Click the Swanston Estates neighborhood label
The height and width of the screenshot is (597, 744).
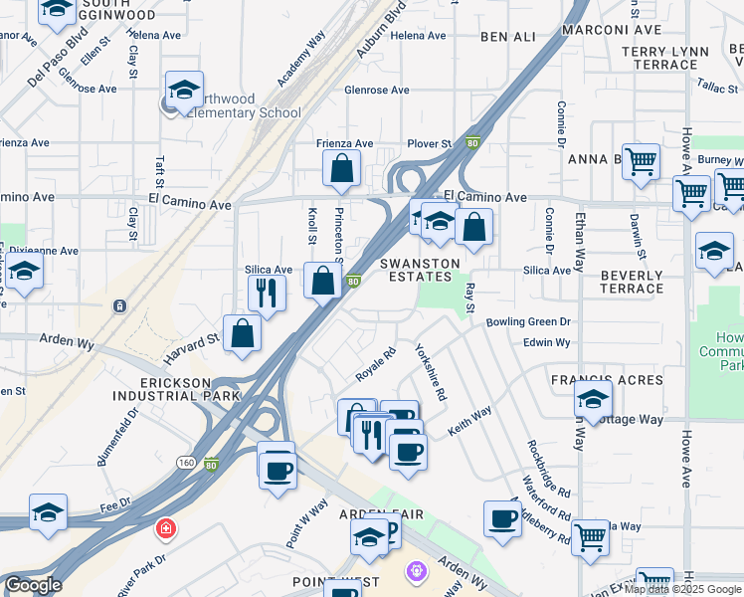[421, 270]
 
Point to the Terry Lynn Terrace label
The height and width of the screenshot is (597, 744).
[665, 58]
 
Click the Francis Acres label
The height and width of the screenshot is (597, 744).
[607, 381]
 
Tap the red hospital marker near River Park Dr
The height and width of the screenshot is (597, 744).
[164, 528]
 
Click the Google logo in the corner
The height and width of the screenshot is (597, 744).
[32, 585]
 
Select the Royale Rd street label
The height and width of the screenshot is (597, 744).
[376, 363]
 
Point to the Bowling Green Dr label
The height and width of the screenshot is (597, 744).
[528, 321]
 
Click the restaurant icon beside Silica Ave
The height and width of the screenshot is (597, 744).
[266, 291]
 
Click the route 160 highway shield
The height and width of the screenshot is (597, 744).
[186, 463]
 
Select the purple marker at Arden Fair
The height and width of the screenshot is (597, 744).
[418, 571]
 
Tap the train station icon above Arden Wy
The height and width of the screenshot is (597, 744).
[120, 305]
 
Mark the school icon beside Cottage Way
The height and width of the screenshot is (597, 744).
[593, 400]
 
